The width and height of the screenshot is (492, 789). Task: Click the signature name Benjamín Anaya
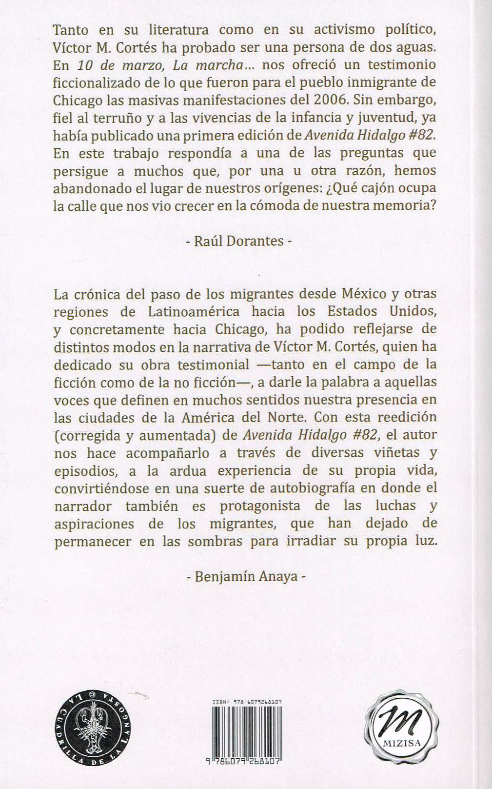click(x=246, y=577)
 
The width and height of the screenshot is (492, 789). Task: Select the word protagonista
click(x=260, y=506)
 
